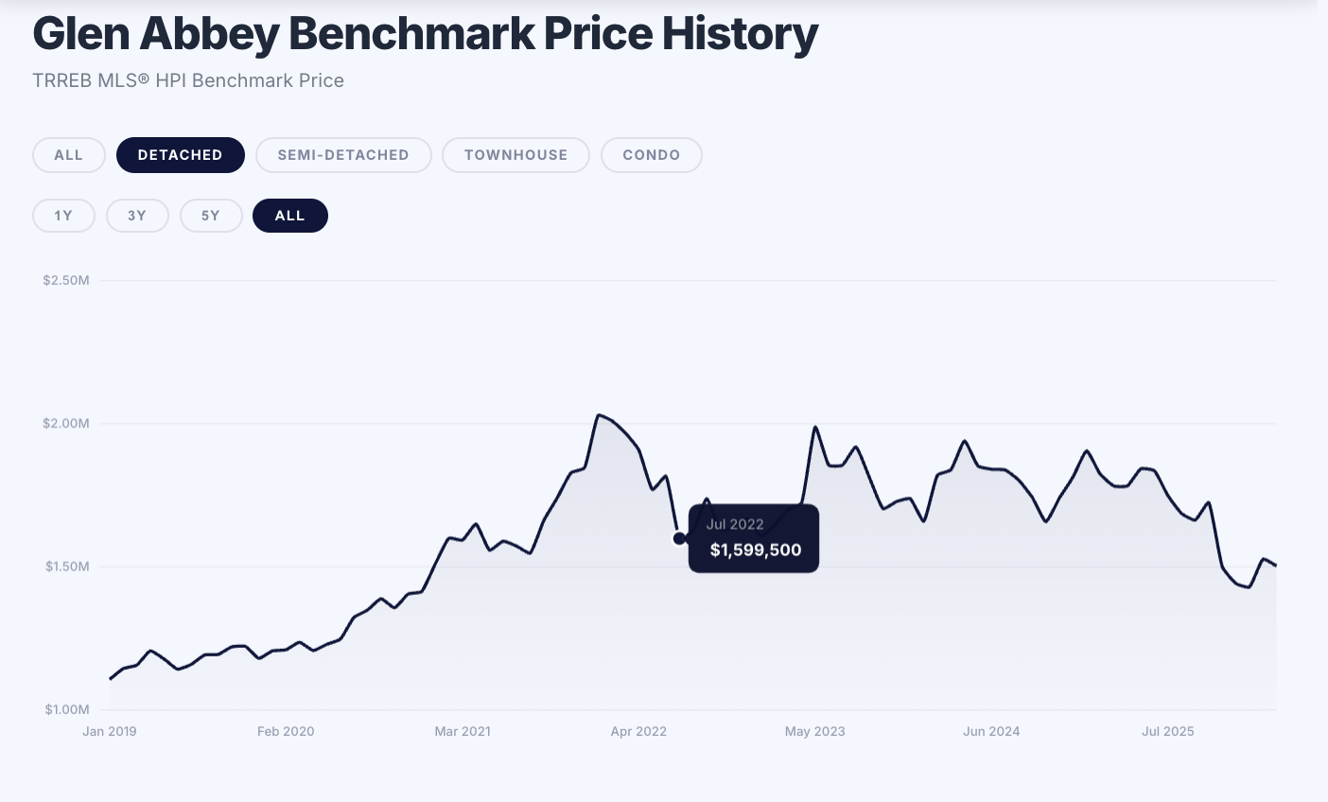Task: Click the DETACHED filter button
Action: [x=180, y=155]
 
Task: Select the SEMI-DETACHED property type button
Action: [x=343, y=155]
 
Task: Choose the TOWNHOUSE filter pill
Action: [x=515, y=155]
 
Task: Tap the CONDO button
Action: [x=651, y=155]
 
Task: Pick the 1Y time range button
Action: [x=63, y=216]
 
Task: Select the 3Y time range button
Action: [x=137, y=216]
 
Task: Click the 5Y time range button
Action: [x=211, y=216]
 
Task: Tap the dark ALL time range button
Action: [x=289, y=216]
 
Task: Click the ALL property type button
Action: [x=68, y=155]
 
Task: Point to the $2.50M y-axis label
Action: [x=66, y=280]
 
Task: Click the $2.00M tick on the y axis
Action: [x=66, y=424]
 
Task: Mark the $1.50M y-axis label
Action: [x=66, y=567]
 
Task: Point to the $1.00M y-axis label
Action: [x=66, y=709]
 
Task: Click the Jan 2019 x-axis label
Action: [x=110, y=731]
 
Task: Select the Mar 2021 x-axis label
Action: [x=463, y=731]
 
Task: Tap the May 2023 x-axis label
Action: [x=815, y=731]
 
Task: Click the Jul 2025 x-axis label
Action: [x=1168, y=731]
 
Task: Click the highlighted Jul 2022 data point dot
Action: [x=679, y=538]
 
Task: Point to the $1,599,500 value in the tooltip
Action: [x=756, y=550]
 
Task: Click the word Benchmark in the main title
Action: [x=411, y=34]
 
